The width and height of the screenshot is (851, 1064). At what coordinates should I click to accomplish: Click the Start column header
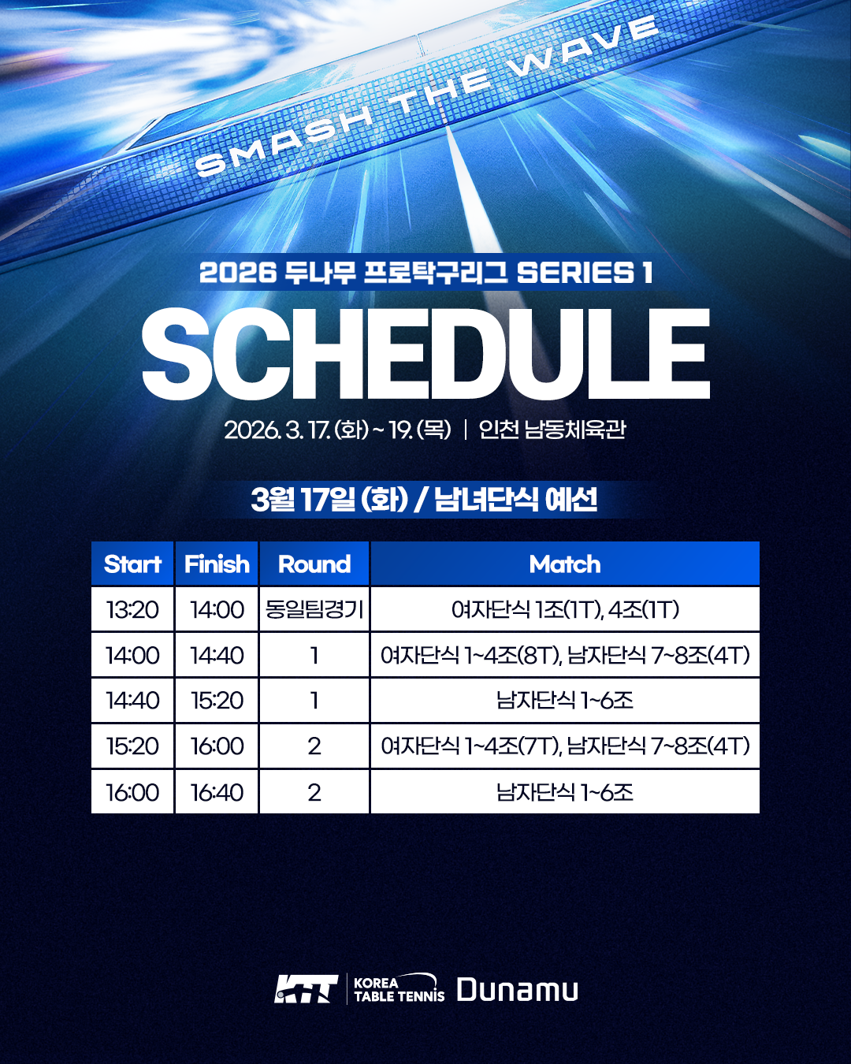click(x=132, y=564)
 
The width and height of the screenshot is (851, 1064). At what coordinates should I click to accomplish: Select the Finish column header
click(x=217, y=564)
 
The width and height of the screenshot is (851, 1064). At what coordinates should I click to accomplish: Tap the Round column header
click(x=314, y=564)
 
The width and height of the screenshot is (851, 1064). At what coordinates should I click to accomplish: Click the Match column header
click(x=565, y=564)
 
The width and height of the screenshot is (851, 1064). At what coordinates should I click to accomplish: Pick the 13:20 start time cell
click(x=132, y=609)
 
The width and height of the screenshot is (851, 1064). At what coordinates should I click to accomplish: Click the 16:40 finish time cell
click(x=217, y=792)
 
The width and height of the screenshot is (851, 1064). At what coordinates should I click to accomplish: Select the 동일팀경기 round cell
click(x=314, y=609)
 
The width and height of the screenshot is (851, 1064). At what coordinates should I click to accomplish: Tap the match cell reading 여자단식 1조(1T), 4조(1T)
click(x=565, y=609)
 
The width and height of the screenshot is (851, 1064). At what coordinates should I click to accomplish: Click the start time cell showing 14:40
click(x=132, y=700)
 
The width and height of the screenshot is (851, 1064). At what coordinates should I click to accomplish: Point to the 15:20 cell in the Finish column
click(x=217, y=700)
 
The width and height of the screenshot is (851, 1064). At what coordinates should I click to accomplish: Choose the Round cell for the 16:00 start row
click(x=314, y=792)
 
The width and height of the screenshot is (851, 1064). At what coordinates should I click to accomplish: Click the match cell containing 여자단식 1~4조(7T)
click(x=565, y=746)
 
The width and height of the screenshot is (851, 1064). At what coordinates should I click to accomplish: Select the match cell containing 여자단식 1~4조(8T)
click(x=565, y=655)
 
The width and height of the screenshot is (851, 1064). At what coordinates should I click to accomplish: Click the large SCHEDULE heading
click(x=425, y=354)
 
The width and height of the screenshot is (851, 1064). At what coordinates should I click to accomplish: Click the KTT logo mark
click(x=306, y=989)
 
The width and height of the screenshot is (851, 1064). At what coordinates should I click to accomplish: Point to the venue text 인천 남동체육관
click(x=552, y=430)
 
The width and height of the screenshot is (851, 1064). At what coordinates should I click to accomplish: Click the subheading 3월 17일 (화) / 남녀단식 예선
click(x=424, y=500)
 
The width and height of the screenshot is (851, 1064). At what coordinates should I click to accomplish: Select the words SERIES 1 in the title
click(x=585, y=273)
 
